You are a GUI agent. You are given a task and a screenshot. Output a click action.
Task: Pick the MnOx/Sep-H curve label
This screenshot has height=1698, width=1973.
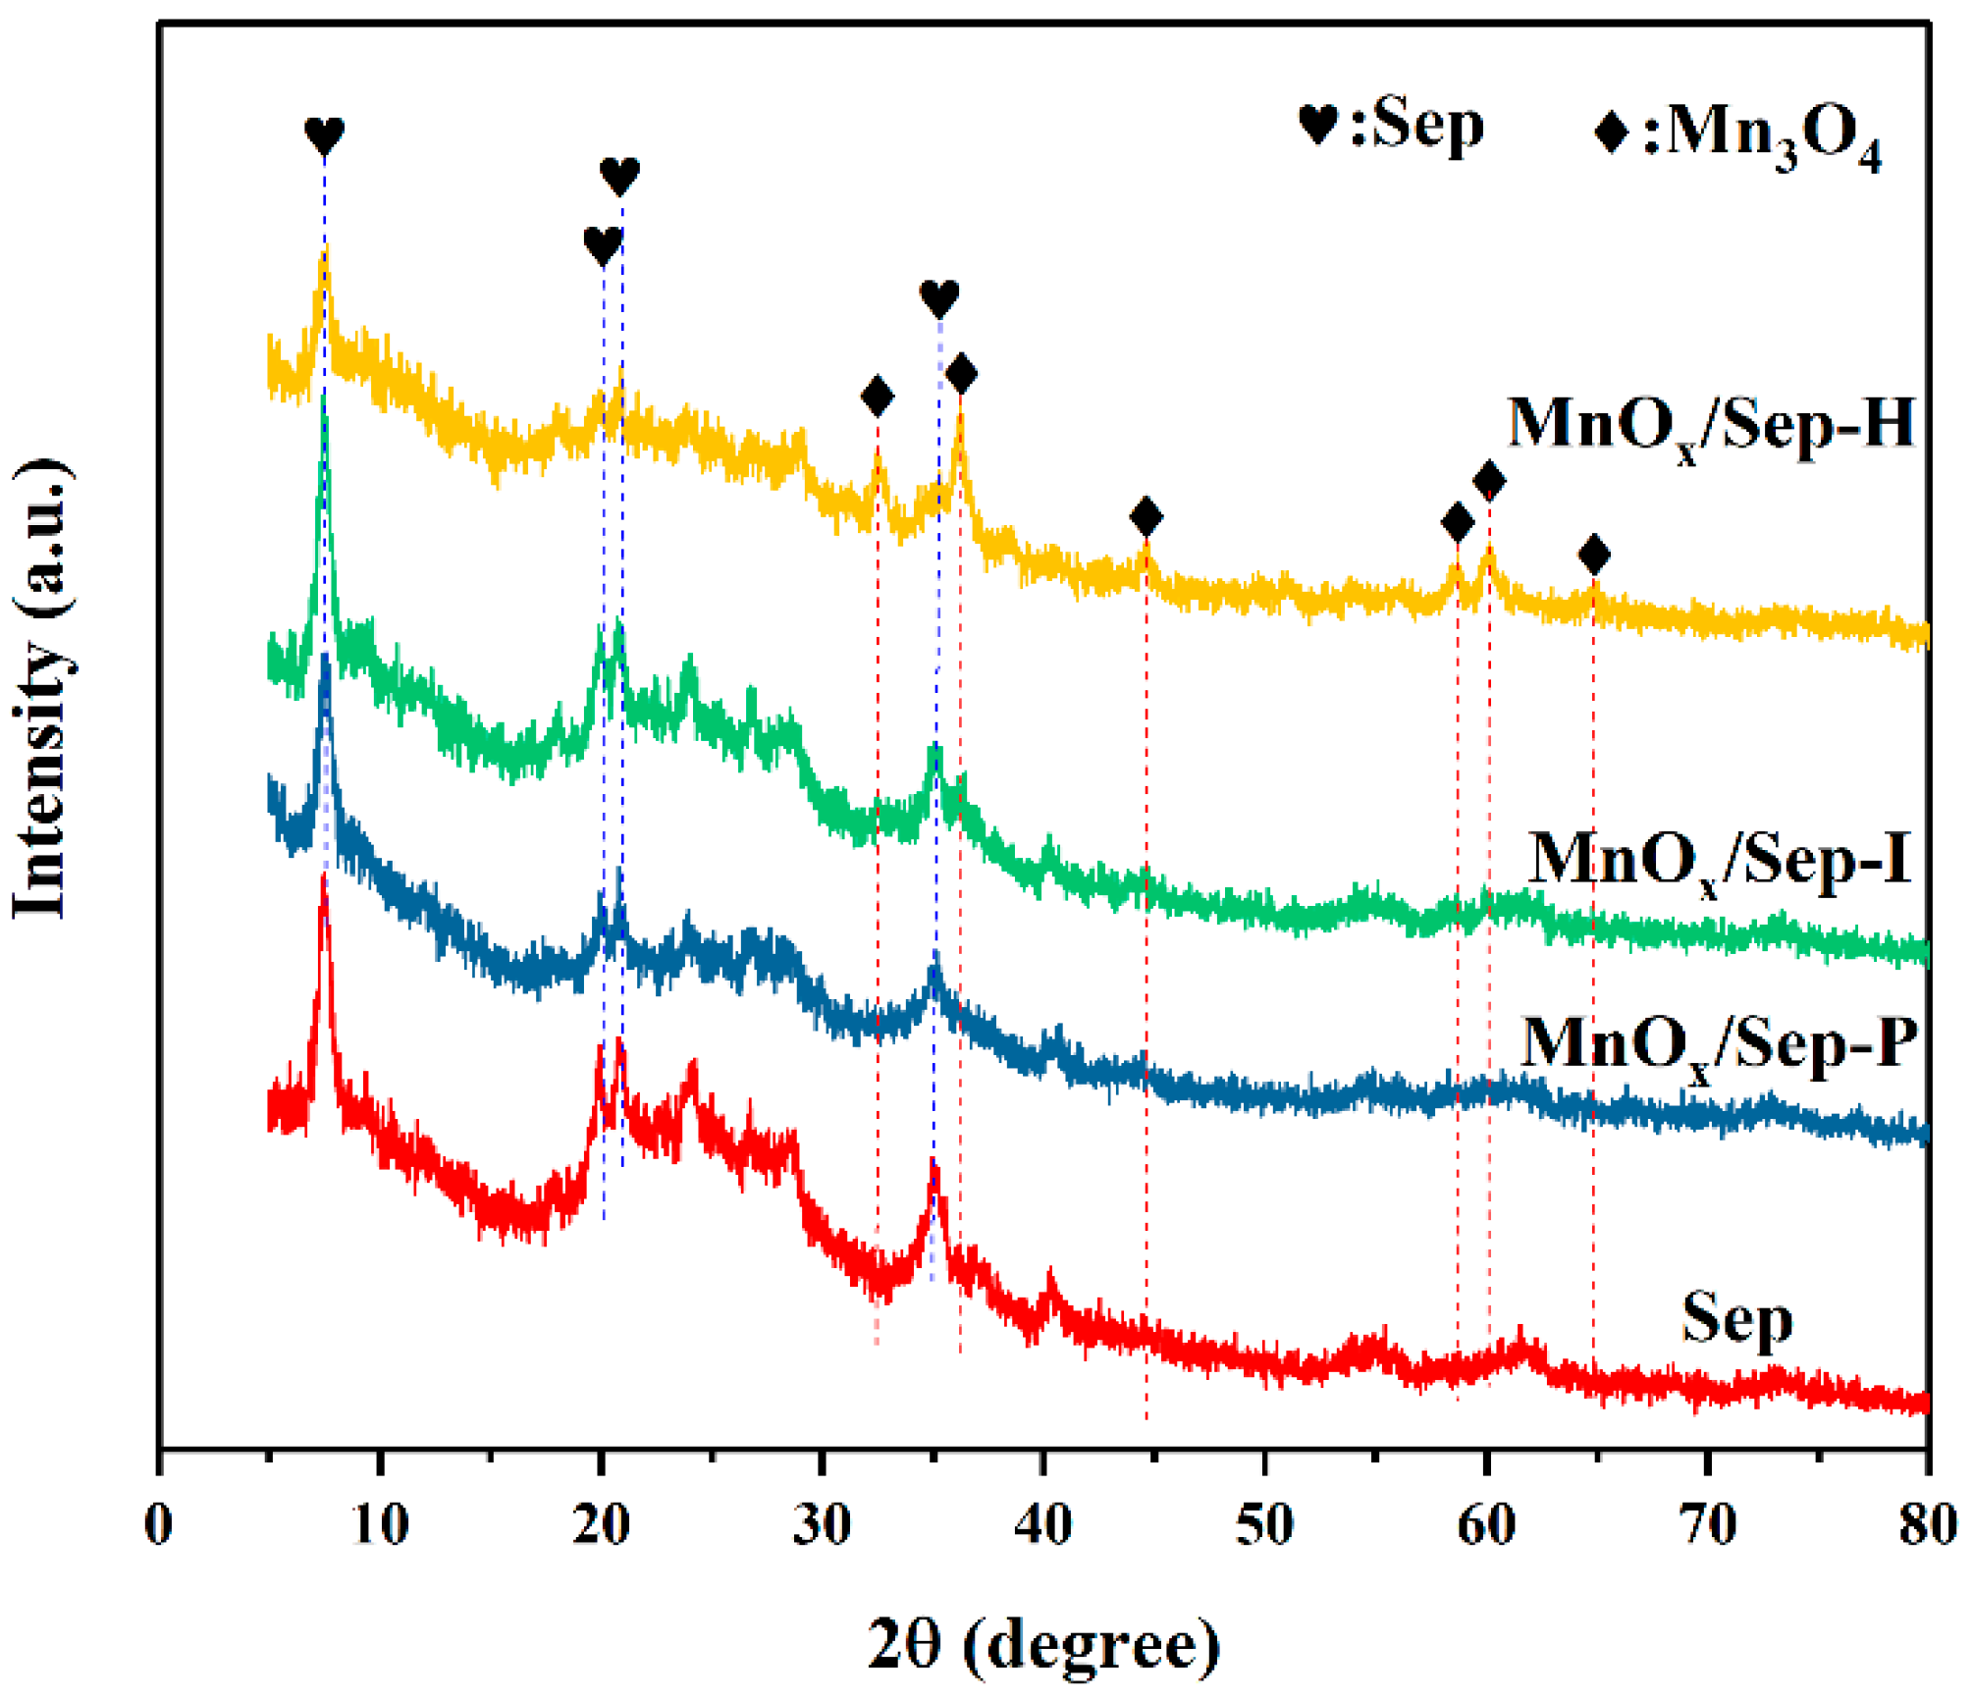tap(1710, 426)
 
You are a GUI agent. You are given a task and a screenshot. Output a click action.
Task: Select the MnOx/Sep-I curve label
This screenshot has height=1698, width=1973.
tap(1720, 861)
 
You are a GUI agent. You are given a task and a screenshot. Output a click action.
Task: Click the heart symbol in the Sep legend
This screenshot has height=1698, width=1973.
tap(1317, 125)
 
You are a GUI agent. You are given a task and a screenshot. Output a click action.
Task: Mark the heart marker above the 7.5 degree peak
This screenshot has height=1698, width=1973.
tap(324, 134)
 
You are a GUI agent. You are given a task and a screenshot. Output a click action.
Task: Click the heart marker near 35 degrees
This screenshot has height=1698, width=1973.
tap(938, 297)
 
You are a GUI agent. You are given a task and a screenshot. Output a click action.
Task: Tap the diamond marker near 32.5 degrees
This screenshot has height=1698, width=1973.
tap(877, 397)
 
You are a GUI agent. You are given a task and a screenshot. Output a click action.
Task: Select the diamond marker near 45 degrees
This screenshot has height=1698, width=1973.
tap(1146, 516)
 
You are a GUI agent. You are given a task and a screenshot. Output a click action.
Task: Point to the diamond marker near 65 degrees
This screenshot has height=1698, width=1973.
tap(1594, 555)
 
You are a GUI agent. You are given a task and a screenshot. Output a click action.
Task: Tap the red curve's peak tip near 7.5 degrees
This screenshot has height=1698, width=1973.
tap(323, 876)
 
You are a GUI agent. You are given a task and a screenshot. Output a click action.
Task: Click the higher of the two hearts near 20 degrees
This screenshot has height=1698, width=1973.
tap(619, 176)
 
